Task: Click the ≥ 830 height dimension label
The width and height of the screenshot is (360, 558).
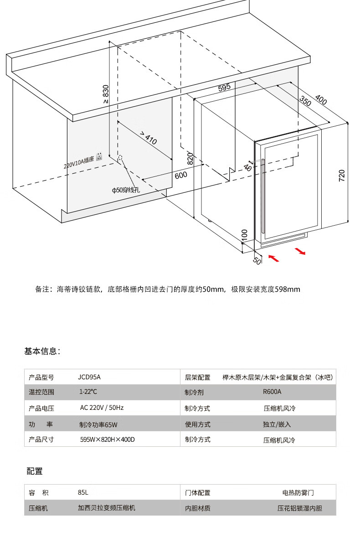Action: pos(106,94)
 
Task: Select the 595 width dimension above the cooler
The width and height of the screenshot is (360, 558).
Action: pos(224,88)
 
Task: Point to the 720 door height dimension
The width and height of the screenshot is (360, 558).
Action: pos(342,176)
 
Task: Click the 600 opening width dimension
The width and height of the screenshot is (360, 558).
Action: pos(180,175)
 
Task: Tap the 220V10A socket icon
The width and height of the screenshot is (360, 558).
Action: pos(99,157)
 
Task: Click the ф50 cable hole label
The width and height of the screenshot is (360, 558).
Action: pos(126,190)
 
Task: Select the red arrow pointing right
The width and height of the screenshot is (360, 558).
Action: pos(300,251)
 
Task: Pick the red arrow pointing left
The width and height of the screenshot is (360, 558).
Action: pos(273,258)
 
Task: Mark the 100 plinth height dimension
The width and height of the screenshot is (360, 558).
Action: pos(244,235)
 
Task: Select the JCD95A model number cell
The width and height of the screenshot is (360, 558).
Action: pos(89,377)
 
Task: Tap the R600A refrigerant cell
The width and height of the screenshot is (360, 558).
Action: pos(272,392)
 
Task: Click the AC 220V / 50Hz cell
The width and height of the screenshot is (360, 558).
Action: pos(102,408)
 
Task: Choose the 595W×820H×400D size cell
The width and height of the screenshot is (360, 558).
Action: pos(108,439)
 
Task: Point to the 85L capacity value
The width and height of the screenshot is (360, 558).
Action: pos(83,492)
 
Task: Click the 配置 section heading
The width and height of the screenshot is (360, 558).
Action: pos(35,471)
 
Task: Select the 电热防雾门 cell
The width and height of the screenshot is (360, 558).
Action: pos(298,493)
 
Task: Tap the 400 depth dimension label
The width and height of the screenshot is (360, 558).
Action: pos(321,100)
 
